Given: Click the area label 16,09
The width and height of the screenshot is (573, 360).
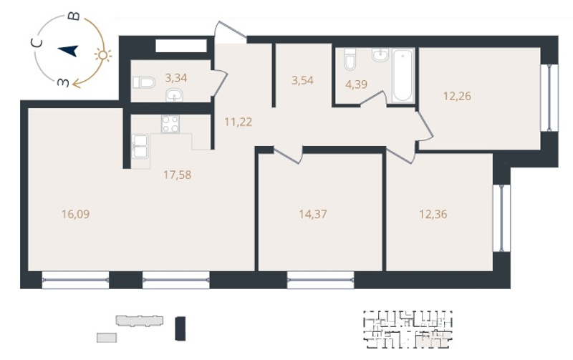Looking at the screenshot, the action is click(76, 214).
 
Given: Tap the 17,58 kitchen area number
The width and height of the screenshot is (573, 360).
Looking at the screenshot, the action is click(177, 175).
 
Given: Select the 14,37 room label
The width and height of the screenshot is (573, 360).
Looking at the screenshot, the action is click(313, 214).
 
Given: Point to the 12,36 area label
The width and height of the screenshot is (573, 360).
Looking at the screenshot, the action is click(433, 214).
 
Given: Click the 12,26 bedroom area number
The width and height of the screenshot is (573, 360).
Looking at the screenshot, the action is click(457, 96).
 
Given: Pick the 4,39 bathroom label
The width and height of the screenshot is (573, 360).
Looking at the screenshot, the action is click(356, 84).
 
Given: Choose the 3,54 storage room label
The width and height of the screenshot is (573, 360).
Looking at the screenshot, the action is click(302, 80).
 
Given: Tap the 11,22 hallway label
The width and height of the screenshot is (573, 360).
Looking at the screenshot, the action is click(239, 122).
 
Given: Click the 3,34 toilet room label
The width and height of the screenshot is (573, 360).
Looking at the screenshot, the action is click(176, 78).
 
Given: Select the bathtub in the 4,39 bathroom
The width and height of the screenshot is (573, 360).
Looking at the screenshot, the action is click(403, 76).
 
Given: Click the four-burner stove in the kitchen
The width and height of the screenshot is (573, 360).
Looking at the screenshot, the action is click(170, 124).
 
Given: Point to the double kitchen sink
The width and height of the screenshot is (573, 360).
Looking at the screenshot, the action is click(140, 147).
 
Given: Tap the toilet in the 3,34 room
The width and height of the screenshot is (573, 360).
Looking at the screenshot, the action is click(144, 82).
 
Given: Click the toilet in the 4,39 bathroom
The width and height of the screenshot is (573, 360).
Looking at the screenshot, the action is click(350, 59).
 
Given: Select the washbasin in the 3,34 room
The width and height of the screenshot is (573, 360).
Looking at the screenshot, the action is click(175, 96).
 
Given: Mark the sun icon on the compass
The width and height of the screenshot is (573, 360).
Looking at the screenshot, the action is click(102, 55).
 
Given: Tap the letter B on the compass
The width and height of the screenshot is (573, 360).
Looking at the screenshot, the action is click(74, 16).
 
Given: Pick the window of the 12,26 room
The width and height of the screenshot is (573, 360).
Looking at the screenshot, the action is click(549, 97).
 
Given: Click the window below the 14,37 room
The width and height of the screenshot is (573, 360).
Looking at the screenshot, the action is click(320, 280).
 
